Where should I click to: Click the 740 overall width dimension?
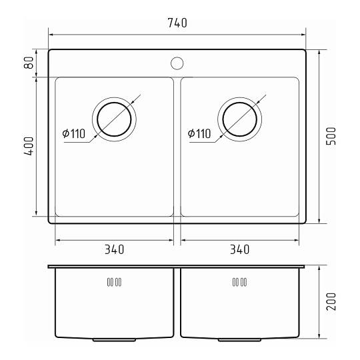[x=177, y=23]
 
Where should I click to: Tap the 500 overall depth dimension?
[x=331, y=136]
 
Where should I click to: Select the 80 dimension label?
[x=29, y=63]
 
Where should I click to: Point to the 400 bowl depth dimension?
[x=29, y=146]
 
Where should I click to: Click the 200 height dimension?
[x=331, y=301]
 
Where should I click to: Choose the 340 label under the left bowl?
[x=115, y=249]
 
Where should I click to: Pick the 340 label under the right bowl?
[x=239, y=249]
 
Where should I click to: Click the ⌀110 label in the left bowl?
[x=74, y=133]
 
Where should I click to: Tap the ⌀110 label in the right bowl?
[x=199, y=133]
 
